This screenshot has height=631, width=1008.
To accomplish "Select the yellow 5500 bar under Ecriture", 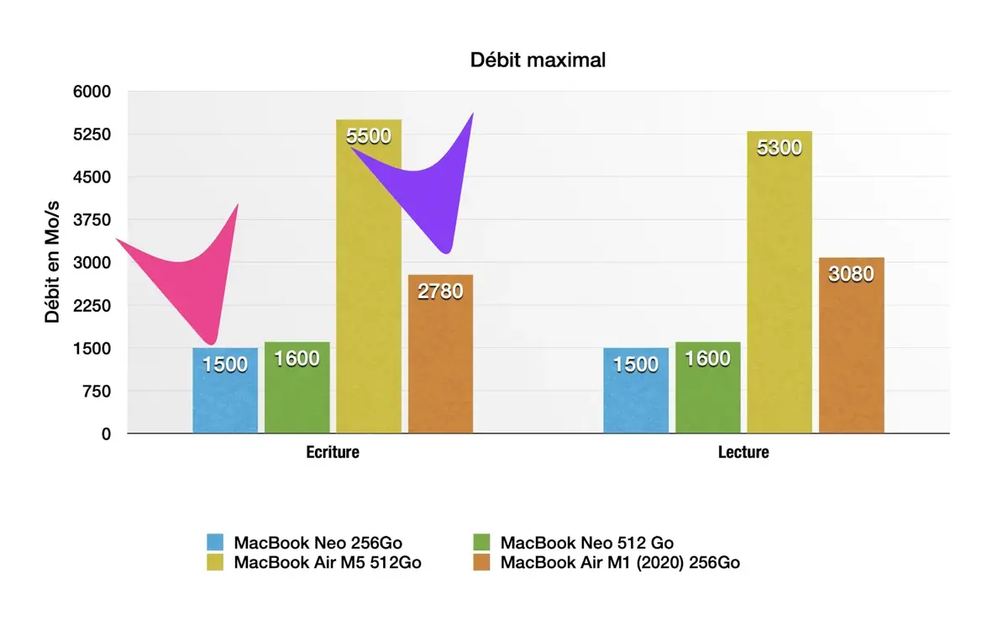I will click(369, 277).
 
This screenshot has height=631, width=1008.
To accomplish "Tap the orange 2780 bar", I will click(440, 353).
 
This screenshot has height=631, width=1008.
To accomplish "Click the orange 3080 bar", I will click(851, 344).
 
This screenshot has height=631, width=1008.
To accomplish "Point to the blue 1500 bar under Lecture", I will click(636, 391).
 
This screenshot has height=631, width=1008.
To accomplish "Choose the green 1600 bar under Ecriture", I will click(297, 388).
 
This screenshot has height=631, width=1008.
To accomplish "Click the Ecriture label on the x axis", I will click(332, 453).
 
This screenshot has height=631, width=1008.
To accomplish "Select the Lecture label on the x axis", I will click(743, 453).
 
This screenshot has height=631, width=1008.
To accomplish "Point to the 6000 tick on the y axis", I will click(94, 92).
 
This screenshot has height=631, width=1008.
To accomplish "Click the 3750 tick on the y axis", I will click(94, 220).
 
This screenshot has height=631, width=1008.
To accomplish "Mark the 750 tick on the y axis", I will click(99, 392).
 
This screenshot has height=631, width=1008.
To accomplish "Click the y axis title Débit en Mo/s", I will click(53, 262).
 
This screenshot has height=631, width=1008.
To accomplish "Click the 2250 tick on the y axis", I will click(94, 306).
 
